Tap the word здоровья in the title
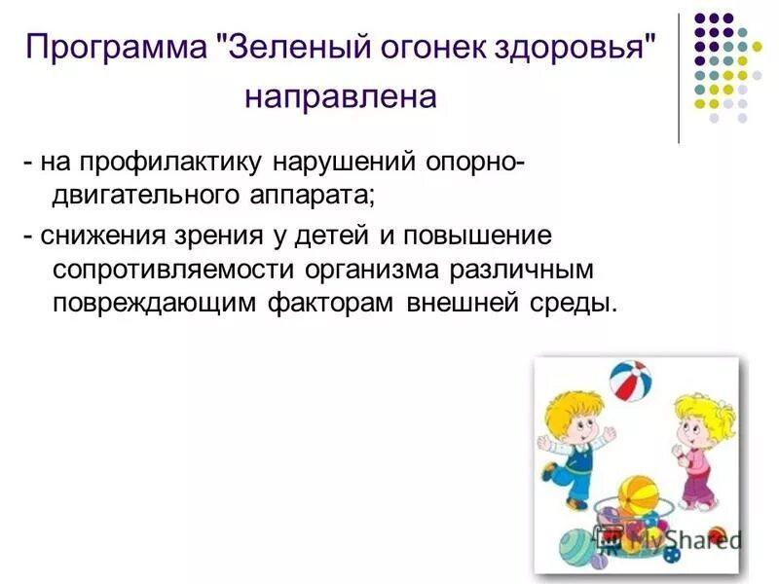tap(562, 47)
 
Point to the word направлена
tap(340, 98)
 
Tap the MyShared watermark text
tap(682, 538)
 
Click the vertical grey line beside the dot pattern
tap(679, 78)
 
